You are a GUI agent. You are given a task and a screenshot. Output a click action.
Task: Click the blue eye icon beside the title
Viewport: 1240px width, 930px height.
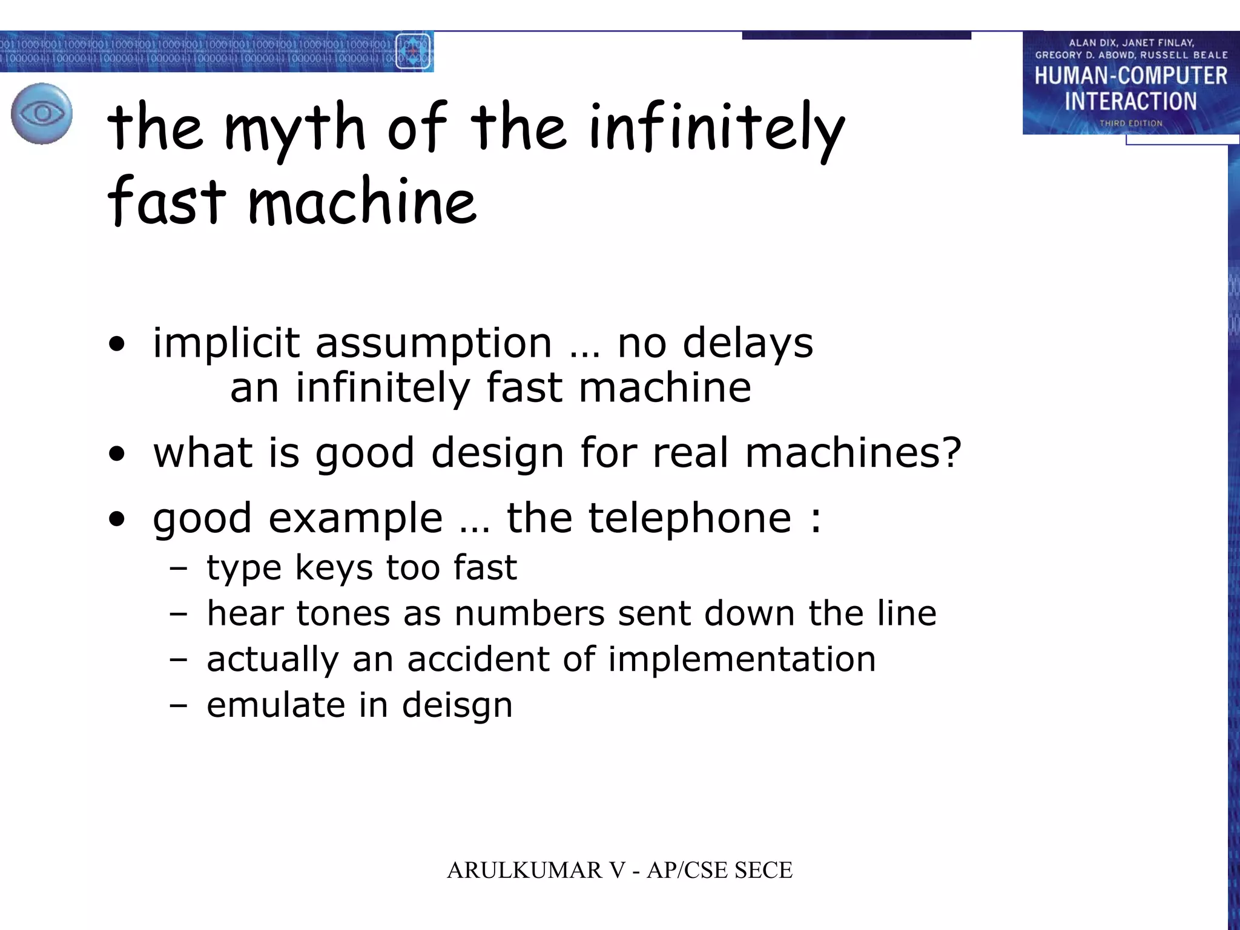click(41, 113)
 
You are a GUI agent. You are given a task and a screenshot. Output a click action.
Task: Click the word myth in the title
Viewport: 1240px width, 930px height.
click(295, 128)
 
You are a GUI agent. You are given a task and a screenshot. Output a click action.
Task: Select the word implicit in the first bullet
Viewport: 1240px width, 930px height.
click(226, 343)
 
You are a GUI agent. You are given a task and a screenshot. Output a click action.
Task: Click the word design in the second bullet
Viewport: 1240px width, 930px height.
click(497, 453)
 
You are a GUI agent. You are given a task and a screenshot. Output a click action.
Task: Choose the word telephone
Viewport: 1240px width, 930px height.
click(689, 518)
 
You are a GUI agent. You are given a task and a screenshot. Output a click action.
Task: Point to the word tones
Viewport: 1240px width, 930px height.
click(343, 613)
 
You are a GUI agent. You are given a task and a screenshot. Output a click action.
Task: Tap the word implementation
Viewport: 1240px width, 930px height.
click(742, 659)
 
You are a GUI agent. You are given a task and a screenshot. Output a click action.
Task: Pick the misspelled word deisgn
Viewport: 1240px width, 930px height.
click(457, 705)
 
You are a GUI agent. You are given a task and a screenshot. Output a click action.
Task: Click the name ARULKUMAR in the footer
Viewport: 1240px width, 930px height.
click(524, 870)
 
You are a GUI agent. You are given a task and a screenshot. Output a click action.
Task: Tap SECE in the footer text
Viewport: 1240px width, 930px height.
click(763, 870)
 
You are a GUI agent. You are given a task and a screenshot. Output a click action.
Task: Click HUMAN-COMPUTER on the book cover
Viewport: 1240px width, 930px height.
click(1130, 76)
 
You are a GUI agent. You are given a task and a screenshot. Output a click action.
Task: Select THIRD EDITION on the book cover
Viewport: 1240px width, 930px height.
click(1130, 123)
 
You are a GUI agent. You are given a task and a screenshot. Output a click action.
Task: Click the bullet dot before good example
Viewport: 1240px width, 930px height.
click(117, 519)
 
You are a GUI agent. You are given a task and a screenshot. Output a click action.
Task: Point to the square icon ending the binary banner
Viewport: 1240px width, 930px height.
click(413, 51)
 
